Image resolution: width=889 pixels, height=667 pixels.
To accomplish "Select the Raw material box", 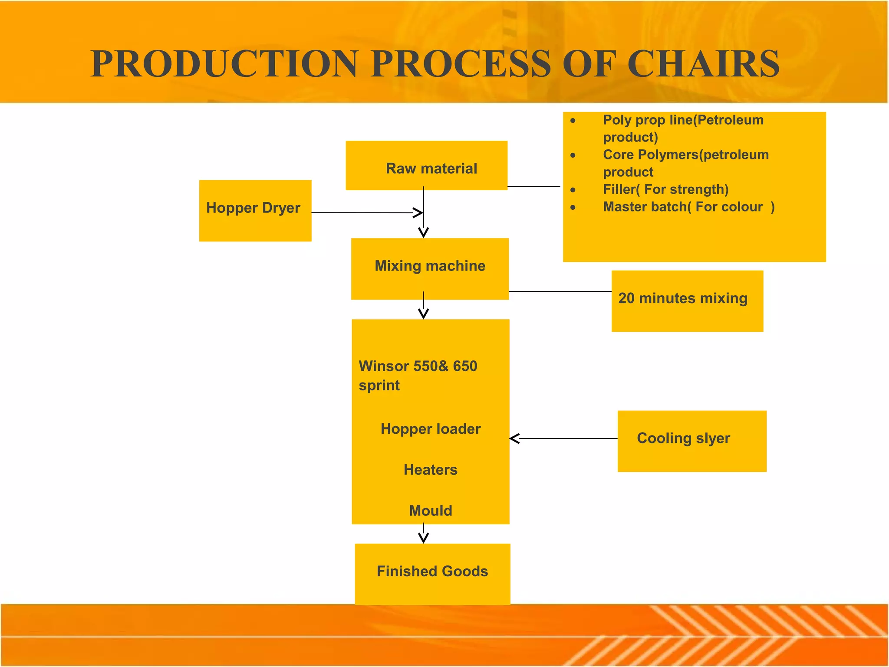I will point(426,165).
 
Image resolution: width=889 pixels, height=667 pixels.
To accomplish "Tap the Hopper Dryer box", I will point(255,210).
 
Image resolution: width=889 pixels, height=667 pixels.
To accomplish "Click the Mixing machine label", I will point(430,266).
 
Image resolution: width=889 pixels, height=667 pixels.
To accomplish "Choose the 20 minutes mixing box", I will point(687,300).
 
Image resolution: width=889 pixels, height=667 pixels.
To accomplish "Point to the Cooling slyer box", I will point(691,441).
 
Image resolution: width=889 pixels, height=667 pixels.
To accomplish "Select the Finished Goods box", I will point(432,573).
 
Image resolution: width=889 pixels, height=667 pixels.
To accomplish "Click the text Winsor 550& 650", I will point(418,366).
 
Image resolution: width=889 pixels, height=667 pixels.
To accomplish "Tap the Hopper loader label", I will point(431,429).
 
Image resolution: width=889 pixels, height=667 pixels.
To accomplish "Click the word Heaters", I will point(430,470).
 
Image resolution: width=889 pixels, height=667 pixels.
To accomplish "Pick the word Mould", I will point(430,511).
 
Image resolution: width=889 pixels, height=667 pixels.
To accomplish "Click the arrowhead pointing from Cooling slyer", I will point(514,439).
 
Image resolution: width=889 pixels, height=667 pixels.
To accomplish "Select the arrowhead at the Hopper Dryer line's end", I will point(418,213).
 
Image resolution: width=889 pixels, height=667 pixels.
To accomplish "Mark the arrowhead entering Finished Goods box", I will point(424,539).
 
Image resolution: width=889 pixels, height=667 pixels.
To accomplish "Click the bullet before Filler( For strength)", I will point(573,190).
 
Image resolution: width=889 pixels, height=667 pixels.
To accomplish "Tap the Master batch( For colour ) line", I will point(688,207).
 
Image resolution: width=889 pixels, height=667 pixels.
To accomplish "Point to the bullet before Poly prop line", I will point(573,120).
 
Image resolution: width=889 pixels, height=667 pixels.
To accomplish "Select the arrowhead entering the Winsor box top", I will point(424,314).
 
